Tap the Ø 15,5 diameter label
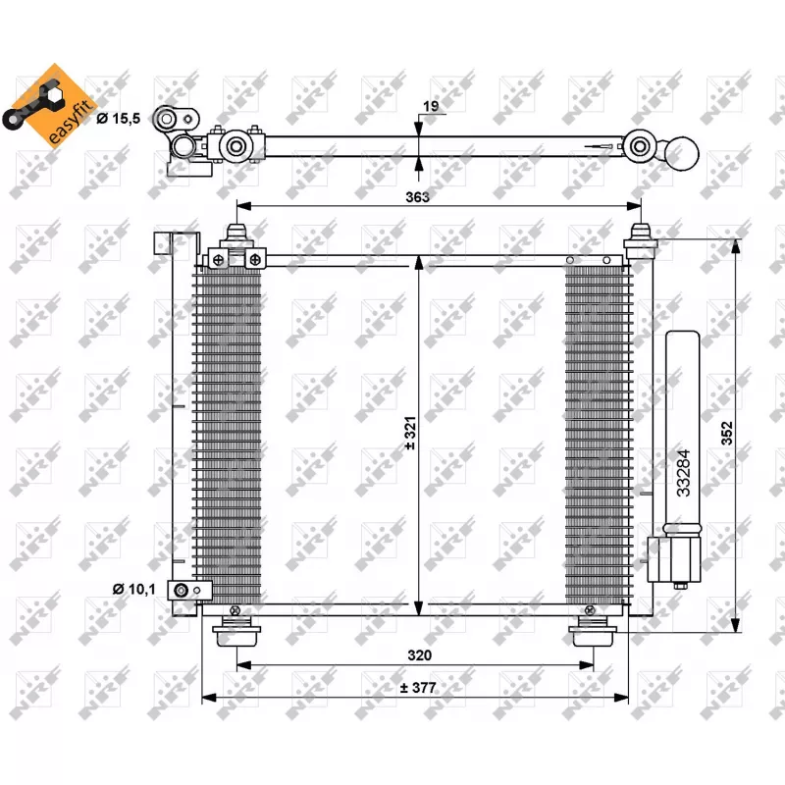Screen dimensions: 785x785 click(119, 119)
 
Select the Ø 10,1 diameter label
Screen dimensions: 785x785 click(134, 589)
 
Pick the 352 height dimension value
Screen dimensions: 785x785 click(728, 433)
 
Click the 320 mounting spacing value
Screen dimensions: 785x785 click(419, 654)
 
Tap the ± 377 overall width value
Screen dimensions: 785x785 click(417, 688)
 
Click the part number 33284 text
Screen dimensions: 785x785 click(684, 471)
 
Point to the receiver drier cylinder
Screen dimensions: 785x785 click(683, 432)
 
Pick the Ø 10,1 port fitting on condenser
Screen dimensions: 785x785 click(189, 590)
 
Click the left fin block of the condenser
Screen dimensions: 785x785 click(228, 432)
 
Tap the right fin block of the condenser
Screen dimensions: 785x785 click(598, 432)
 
